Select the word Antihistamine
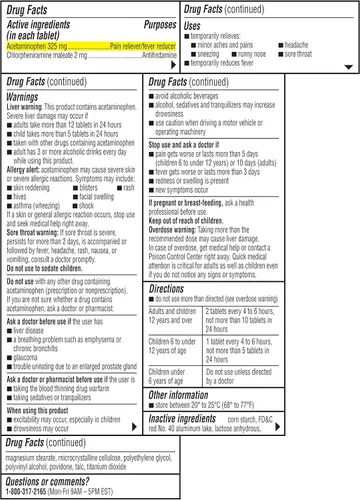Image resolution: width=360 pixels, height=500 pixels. pos(149,57)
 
